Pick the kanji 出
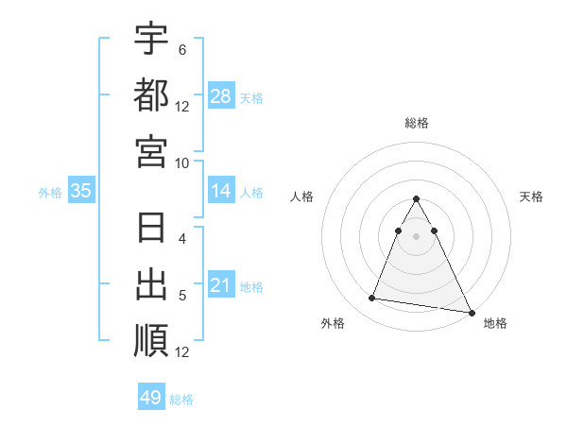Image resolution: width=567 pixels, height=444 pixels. coord(151,285)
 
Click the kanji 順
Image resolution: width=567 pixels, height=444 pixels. coord(151,340)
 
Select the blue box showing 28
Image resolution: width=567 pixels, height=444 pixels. coord(221,96)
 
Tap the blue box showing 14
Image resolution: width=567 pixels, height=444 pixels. coord(221,192)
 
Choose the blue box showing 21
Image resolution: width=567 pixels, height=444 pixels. coord(221,286)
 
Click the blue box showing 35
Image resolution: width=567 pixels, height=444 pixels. coord(81,192)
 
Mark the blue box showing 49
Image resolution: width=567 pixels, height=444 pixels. coord(151,398)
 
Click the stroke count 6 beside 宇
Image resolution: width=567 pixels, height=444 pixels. coord(182,49)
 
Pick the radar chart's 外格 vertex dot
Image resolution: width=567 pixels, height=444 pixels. coord(372,299)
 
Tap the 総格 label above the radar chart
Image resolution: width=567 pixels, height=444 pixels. coord(417,123)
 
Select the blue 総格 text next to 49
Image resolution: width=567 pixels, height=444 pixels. coord(181,400)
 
